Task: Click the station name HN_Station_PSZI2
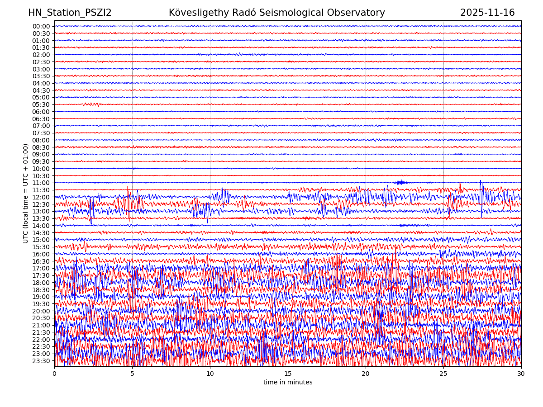click(x=70, y=13)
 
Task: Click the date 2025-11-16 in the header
click(x=487, y=13)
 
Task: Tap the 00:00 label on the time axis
click(x=41, y=26)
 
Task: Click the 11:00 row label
click(x=41, y=183)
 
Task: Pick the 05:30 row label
click(x=41, y=104)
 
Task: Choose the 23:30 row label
click(x=41, y=361)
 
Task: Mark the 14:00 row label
click(x=41, y=226)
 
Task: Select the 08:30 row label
click(x=41, y=147)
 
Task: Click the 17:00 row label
click(x=41, y=268)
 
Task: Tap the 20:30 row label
click(x=41, y=318)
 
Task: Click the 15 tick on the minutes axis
click(x=288, y=374)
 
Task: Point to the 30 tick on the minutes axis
click(x=521, y=374)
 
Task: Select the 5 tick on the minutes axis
click(x=132, y=374)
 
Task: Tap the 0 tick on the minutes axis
click(x=54, y=374)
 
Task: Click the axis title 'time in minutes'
click(x=288, y=383)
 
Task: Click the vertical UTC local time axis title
click(x=26, y=193)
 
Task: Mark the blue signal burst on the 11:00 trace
click(x=400, y=182)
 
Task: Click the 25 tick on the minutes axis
click(x=443, y=374)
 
